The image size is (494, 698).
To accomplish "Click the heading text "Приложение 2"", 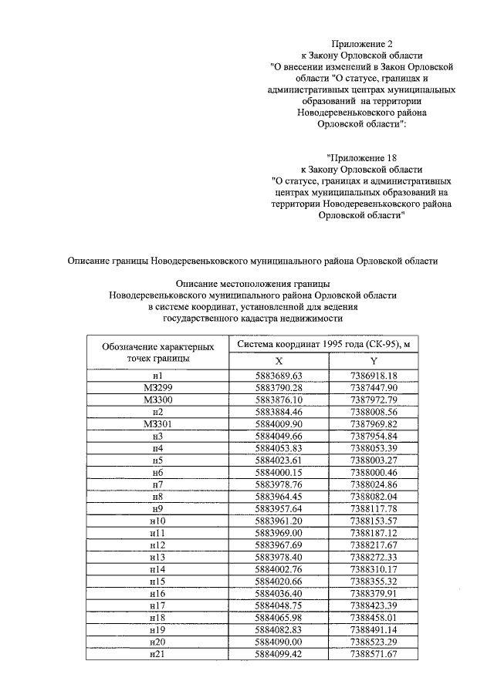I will pyautogui.click(x=361, y=43).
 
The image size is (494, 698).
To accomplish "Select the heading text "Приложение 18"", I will pyautogui.click(x=361, y=157).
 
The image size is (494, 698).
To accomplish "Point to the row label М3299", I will pyautogui.click(x=157, y=386).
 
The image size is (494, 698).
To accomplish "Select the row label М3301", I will pyautogui.click(x=157, y=423).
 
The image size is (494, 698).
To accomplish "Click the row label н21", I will pyautogui.click(x=157, y=654).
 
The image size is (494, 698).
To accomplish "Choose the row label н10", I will pyautogui.click(x=157, y=520).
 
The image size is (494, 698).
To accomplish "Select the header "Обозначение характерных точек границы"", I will pyautogui.click(x=157, y=352).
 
